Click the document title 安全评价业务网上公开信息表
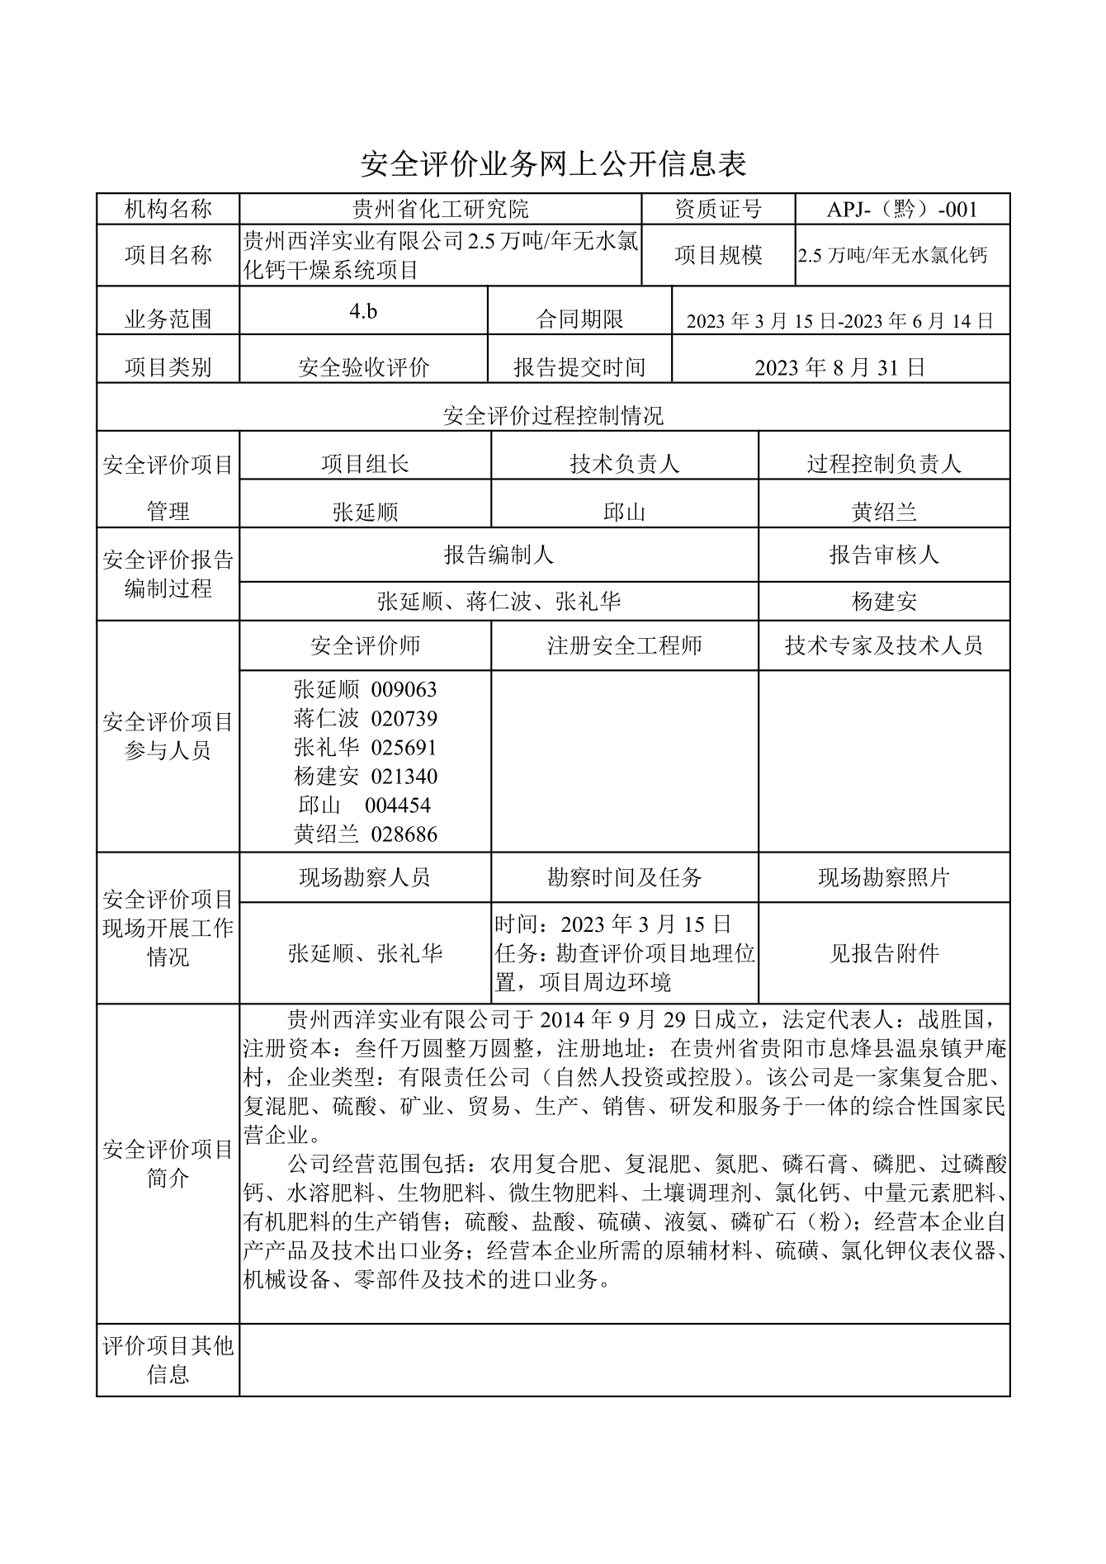tap(553, 164)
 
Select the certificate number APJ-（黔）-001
tap(902, 209)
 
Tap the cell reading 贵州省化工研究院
tap(440, 209)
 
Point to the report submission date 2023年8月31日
tap(840, 367)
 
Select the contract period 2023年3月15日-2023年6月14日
tap(840, 321)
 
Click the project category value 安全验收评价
tap(363, 367)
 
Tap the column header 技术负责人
tap(624, 464)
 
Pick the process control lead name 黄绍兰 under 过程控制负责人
tap(884, 513)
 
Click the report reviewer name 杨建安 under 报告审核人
tap(884, 602)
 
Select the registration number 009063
tap(404, 689)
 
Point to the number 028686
tap(404, 834)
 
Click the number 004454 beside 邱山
tap(398, 805)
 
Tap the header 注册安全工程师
tap(624, 645)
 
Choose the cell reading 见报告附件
tap(884, 953)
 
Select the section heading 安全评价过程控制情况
tap(553, 415)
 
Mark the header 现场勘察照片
tap(884, 877)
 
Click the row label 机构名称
tap(168, 209)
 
